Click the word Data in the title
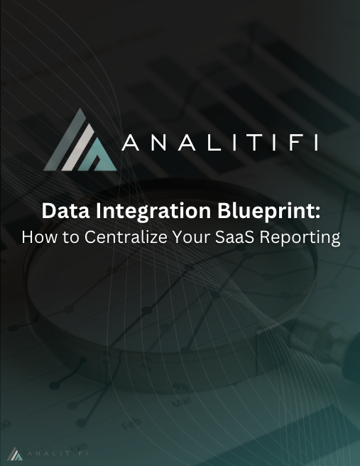click(x=61, y=211)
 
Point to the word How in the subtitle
click(x=38, y=237)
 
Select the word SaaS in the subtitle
click(x=240, y=237)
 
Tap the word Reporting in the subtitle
click(x=303, y=237)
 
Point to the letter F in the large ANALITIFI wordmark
click(x=289, y=143)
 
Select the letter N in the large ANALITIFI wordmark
click(x=157, y=143)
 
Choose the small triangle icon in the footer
click(x=15, y=453)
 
